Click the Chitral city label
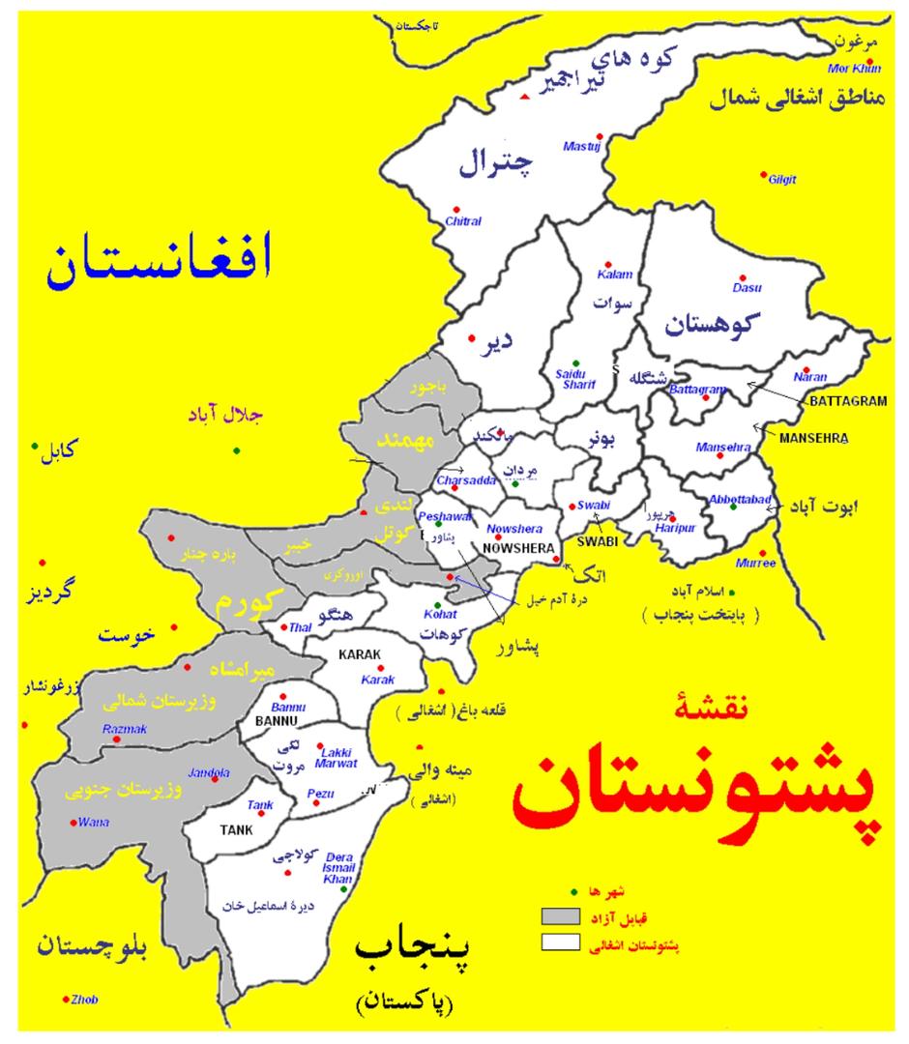(x=463, y=221)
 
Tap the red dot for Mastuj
(x=600, y=136)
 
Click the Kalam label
(x=615, y=275)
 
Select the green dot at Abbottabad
(x=734, y=507)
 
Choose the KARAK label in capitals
(x=363, y=654)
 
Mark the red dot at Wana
(x=73, y=823)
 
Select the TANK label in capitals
(x=236, y=828)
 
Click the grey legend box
(x=560, y=914)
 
